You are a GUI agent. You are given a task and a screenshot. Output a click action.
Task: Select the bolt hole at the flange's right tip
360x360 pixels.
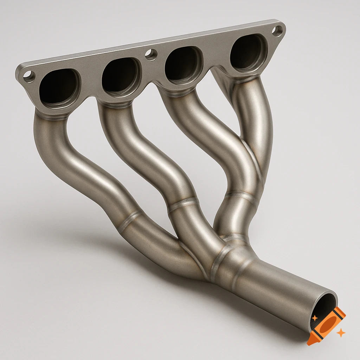(277, 31)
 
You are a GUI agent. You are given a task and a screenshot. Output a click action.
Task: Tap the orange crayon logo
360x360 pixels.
(326, 325)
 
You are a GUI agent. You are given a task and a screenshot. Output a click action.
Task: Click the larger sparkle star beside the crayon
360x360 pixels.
(340, 333)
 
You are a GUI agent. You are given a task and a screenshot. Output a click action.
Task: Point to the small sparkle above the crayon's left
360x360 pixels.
(315, 317)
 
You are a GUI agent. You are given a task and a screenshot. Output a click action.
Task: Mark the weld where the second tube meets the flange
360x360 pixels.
(115, 104)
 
